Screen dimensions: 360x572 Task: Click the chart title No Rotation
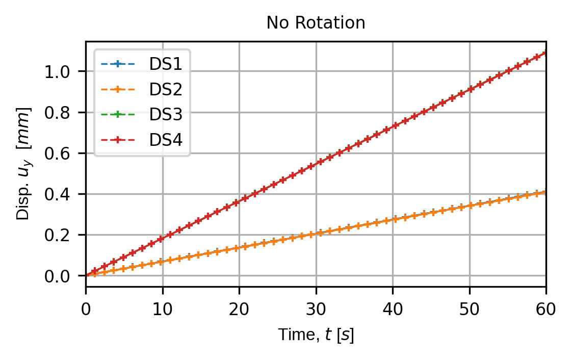click(316, 23)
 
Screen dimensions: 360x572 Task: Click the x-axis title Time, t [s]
click(316, 335)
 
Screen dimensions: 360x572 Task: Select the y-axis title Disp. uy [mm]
click(24, 164)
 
